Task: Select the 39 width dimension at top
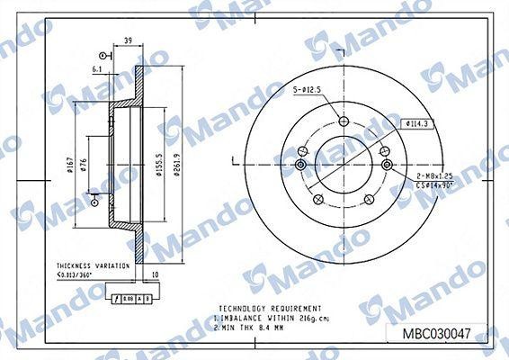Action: [x=128, y=40]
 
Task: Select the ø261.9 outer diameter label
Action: [x=179, y=163]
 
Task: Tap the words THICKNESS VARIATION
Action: [x=86, y=265]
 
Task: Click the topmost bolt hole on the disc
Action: [x=343, y=123]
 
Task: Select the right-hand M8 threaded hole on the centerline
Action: [x=388, y=165]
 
